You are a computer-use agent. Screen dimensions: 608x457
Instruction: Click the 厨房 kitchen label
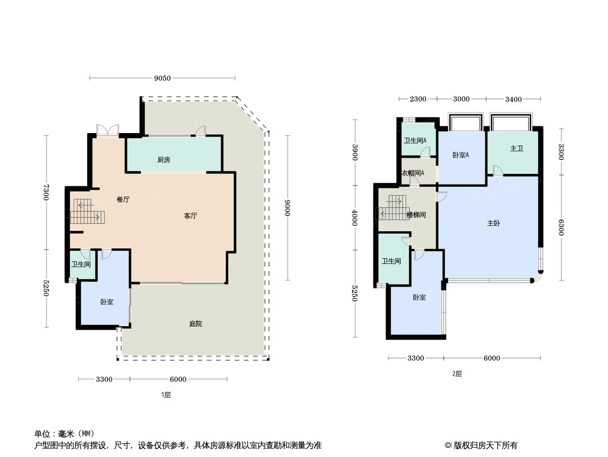[x=164, y=159]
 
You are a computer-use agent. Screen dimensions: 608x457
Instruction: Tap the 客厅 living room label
[x=190, y=215]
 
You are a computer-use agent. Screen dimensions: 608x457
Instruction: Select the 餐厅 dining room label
[x=123, y=199]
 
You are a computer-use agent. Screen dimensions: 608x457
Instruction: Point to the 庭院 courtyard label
[x=196, y=323]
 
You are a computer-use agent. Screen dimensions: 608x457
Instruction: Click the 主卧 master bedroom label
[x=493, y=223]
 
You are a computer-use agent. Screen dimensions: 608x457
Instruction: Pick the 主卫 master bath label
[x=517, y=149]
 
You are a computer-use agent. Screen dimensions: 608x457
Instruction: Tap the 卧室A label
[x=461, y=155]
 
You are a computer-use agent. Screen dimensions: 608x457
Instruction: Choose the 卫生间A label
[x=415, y=141]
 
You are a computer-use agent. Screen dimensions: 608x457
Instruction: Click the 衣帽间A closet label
[x=412, y=173]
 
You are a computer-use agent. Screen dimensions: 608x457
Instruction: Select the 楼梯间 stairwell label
[x=416, y=215]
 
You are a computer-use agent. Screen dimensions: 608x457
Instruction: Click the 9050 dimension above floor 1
[x=162, y=78]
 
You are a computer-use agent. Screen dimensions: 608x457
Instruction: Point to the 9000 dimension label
[x=287, y=208]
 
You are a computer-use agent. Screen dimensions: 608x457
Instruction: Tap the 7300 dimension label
[x=46, y=192]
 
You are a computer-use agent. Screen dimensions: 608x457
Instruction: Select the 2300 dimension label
[x=418, y=99]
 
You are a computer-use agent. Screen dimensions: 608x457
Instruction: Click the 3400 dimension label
[x=513, y=99]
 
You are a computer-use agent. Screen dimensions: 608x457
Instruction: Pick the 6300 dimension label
[x=561, y=227]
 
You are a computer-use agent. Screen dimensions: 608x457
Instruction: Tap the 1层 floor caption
[x=166, y=395]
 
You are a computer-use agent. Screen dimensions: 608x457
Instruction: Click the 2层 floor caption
[x=457, y=374]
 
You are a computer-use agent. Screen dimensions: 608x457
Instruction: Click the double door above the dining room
[x=107, y=130]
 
